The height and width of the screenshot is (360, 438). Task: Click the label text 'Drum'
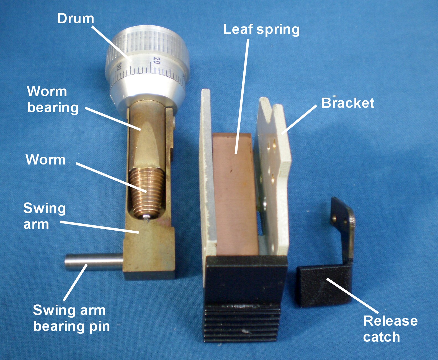[75, 19]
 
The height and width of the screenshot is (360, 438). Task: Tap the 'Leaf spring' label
[261, 30]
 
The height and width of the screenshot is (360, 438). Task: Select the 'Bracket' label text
[347, 103]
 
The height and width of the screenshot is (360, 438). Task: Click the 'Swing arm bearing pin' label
[71, 318]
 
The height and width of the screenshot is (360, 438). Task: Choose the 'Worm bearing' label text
[53, 100]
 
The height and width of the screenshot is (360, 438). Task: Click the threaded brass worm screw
[145, 191]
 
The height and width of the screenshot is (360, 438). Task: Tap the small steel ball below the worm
[146, 217]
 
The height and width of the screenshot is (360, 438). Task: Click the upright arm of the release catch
[343, 227]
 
